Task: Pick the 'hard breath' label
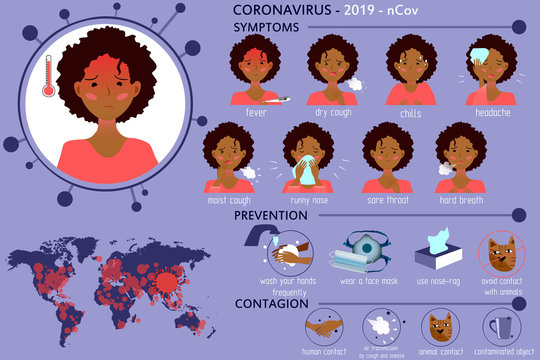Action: pos(462,200)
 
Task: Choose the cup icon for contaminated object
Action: pos(500,328)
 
